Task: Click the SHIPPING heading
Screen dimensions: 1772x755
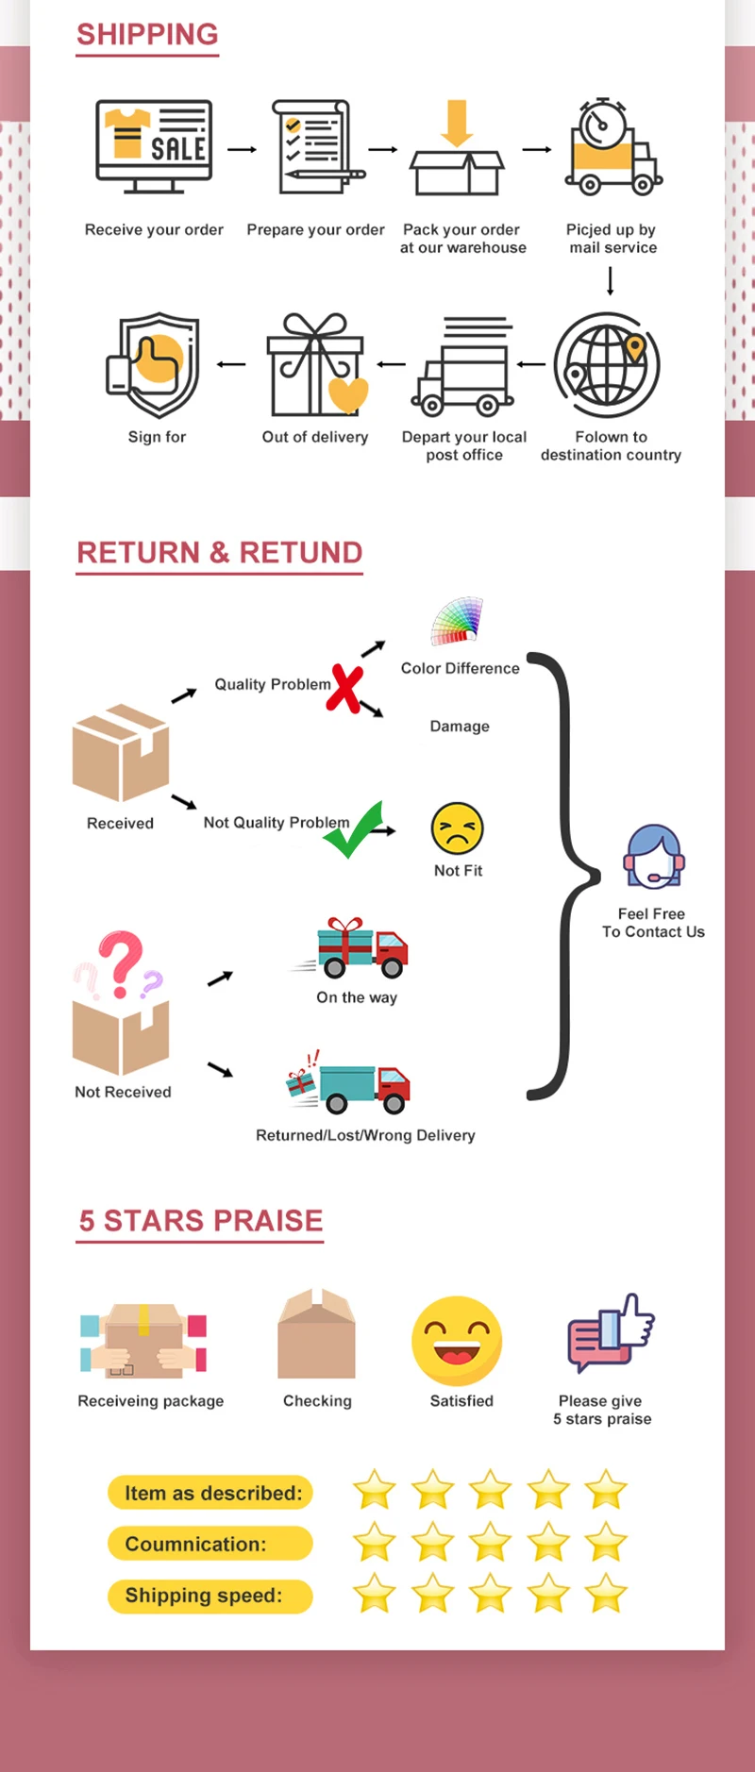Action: click(147, 35)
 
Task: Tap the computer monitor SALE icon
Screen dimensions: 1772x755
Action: click(154, 144)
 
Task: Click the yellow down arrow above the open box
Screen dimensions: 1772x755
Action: click(457, 122)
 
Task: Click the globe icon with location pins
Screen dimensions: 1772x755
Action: click(607, 365)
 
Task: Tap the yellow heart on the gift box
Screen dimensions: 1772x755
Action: click(347, 394)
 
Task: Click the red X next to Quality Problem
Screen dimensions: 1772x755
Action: click(345, 689)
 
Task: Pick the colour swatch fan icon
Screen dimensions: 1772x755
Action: click(457, 622)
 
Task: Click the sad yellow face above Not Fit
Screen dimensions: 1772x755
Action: click(457, 828)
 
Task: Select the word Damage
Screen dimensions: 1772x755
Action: click(460, 727)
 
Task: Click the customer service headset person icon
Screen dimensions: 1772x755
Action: click(653, 858)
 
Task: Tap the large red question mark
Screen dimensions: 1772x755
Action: click(122, 962)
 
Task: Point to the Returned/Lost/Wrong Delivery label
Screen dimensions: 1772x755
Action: click(365, 1135)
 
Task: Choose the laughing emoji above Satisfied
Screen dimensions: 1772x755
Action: click(458, 1341)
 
